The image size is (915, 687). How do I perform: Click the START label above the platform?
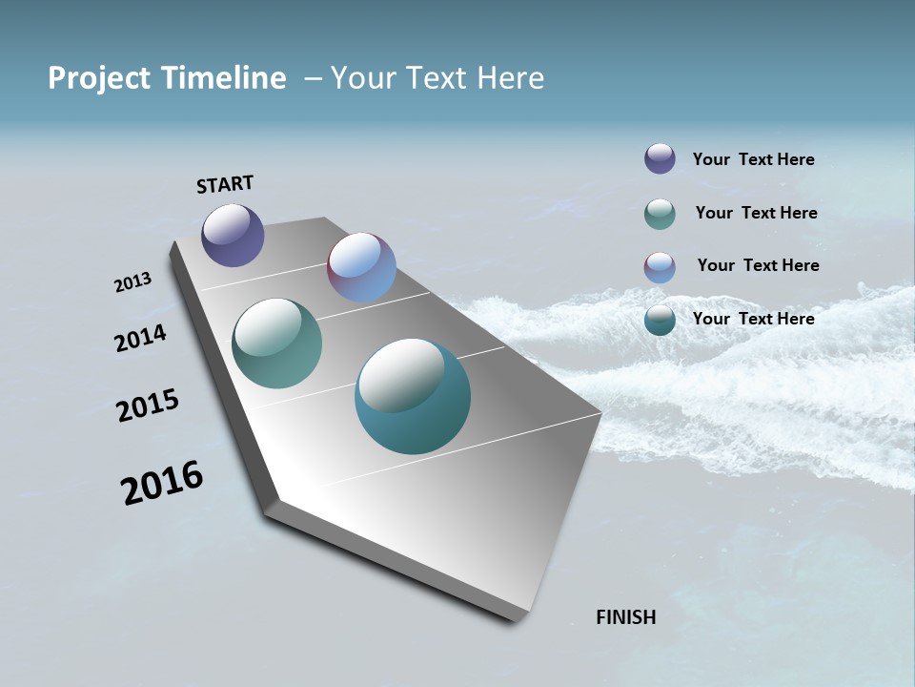[x=225, y=184]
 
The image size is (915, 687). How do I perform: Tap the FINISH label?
[x=625, y=617]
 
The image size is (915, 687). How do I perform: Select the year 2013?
[x=132, y=282]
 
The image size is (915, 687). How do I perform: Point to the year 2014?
[x=140, y=338]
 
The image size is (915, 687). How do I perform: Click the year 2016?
[x=162, y=483]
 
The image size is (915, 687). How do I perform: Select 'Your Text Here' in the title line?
[x=437, y=78]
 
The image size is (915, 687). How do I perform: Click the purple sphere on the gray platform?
[x=233, y=235]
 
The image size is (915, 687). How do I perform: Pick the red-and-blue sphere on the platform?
[x=361, y=267]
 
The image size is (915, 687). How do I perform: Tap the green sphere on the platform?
[x=276, y=343]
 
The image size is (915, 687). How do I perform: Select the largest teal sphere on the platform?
[x=412, y=396]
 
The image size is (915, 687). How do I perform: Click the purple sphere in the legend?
[x=660, y=158]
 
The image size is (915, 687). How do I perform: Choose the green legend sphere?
[x=660, y=214]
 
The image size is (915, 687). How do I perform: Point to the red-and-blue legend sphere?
[x=660, y=267]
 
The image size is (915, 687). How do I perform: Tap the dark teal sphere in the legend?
[x=660, y=321]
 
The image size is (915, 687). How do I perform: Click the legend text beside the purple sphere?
[x=753, y=159]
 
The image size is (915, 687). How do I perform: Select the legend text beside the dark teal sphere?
[x=753, y=319]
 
